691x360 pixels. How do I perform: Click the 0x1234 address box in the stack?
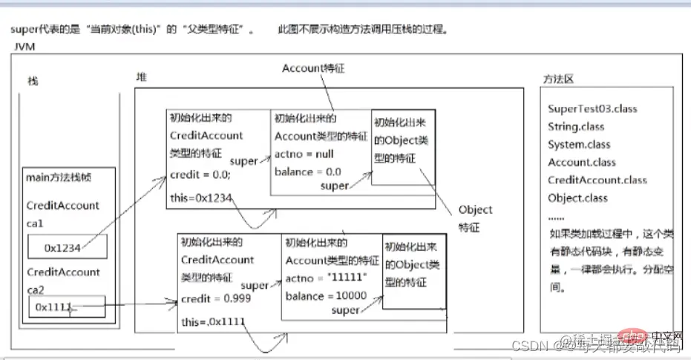pos(68,246)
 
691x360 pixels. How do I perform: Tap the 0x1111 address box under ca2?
pos(68,305)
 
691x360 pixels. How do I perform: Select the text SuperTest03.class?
pos(592,108)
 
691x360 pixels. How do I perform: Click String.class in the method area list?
pos(576,126)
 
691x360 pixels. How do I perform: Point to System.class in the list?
pos(579,144)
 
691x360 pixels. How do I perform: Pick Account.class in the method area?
pos(582,162)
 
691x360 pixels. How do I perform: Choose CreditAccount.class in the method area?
pos(597,180)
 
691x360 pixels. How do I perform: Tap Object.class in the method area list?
pos(577,198)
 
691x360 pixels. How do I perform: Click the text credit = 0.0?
pos(200,174)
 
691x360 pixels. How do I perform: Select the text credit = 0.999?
pos(214,298)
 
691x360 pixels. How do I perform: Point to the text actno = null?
pos(304,154)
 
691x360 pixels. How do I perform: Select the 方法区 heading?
pos(559,79)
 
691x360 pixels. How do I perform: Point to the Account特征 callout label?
pos(313,68)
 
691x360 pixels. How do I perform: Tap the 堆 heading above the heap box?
pos(141,77)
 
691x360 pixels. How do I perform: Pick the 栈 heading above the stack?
pos(32,80)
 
